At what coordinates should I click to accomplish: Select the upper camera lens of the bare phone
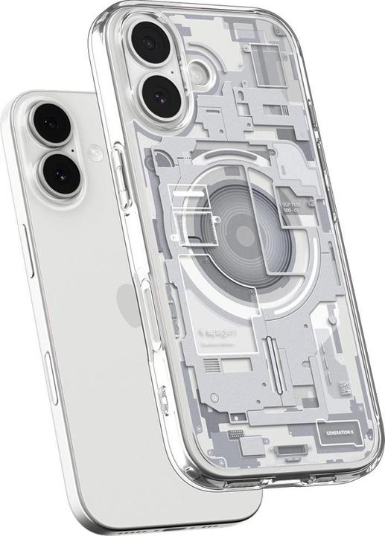click(51, 124)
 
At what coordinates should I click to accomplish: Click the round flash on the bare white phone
click(95, 153)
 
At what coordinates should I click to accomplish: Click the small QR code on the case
click(344, 387)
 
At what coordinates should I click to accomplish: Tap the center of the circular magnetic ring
click(245, 237)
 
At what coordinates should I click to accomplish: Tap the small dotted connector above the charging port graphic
click(236, 433)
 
